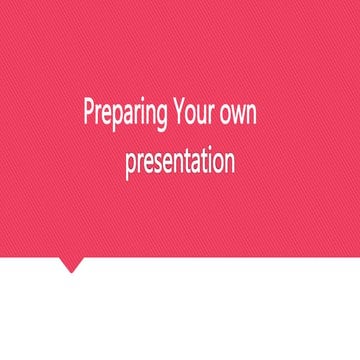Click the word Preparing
pyautogui.click(x=125, y=113)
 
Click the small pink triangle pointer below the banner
pyautogui.click(x=70, y=265)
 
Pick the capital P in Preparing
pyautogui.click(x=88, y=111)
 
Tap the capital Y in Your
pyautogui.click(x=178, y=111)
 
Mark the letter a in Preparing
pyautogui.click(x=126, y=114)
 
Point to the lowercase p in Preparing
pyautogui.click(x=115, y=116)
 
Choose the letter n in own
pyautogui.click(x=254, y=114)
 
